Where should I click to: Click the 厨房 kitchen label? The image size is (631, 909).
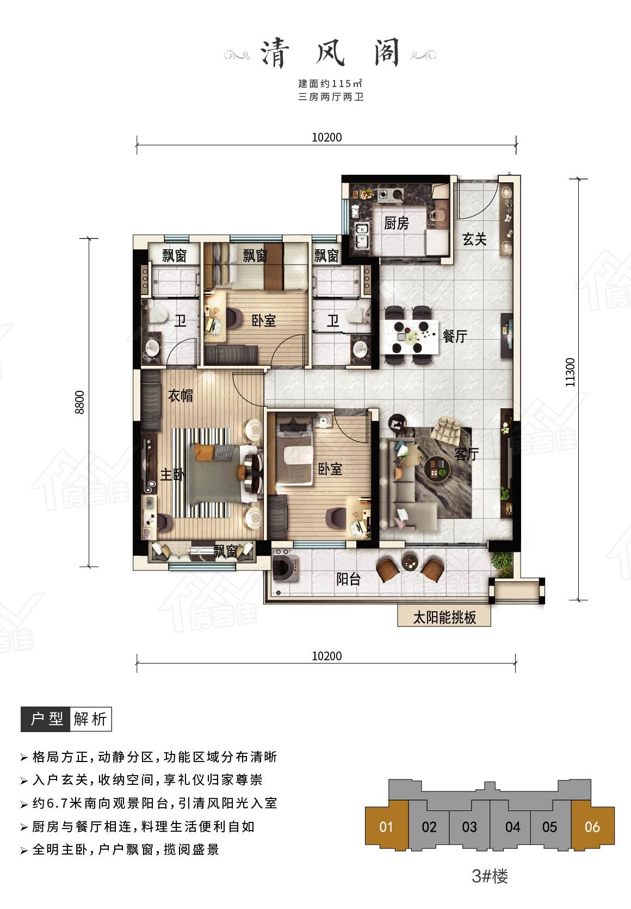tap(396, 223)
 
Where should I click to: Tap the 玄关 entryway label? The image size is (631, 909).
tap(474, 239)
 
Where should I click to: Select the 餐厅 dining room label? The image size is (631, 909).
tap(455, 336)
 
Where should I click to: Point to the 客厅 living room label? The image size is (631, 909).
tap(466, 454)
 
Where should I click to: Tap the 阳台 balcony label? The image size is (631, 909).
tap(348, 579)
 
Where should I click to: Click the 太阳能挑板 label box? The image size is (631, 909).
tap(444, 617)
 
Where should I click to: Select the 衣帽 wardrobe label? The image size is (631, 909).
tap(181, 395)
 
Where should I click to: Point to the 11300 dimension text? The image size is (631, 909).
tap(570, 372)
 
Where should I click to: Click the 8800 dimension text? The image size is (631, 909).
tap(80, 402)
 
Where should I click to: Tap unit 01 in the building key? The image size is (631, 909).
tap(386, 827)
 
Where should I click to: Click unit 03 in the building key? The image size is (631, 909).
tap(469, 827)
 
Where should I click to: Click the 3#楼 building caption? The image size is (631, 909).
tap(490, 876)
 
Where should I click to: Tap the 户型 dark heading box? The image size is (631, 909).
tap(45, 720)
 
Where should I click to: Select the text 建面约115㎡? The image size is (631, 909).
tap(330, 84)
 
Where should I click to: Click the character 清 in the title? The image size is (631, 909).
tap(275, 53)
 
